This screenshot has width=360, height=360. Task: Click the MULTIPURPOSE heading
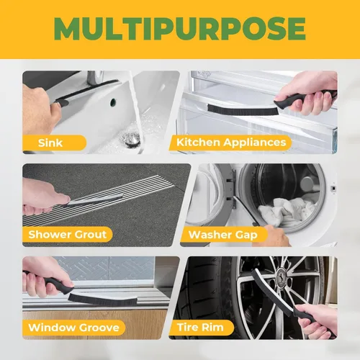tap(180, 28)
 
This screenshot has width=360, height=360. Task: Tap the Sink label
tap(50, 143)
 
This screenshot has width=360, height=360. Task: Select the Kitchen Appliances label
tap(231, 143)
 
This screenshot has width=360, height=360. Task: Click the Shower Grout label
tap(67, 234)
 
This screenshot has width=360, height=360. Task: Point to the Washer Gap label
tap(223, 235)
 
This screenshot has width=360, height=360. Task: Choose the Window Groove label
tap(73, 328)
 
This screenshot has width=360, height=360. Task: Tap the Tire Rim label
tap(200, 327)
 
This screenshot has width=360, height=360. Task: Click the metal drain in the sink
tap(131, 139)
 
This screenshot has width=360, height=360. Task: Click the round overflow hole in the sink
tap(113, 102)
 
